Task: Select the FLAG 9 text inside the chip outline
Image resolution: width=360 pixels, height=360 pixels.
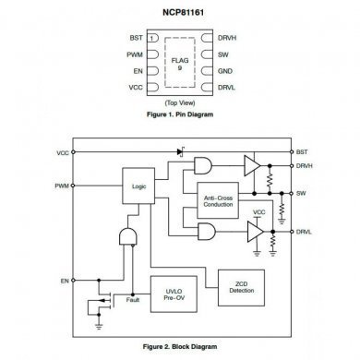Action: coord(180,63)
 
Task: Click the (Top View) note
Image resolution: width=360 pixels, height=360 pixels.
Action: coord(180,102)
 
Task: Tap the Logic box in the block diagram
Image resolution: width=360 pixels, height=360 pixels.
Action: coord(139,185)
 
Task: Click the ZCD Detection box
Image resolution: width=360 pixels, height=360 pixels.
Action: coord(241,286)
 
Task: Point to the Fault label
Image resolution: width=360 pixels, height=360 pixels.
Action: coord(133,299)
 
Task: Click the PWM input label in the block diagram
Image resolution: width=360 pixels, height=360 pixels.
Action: coord(62,185)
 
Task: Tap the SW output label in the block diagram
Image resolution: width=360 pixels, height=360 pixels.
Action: coord(302,193)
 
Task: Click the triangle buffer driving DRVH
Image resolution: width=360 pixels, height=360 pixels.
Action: coord(251,165)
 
